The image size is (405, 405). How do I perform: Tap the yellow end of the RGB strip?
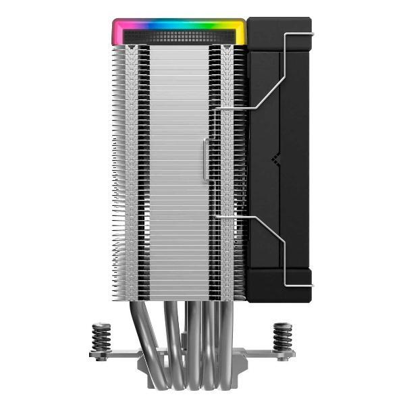240,30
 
